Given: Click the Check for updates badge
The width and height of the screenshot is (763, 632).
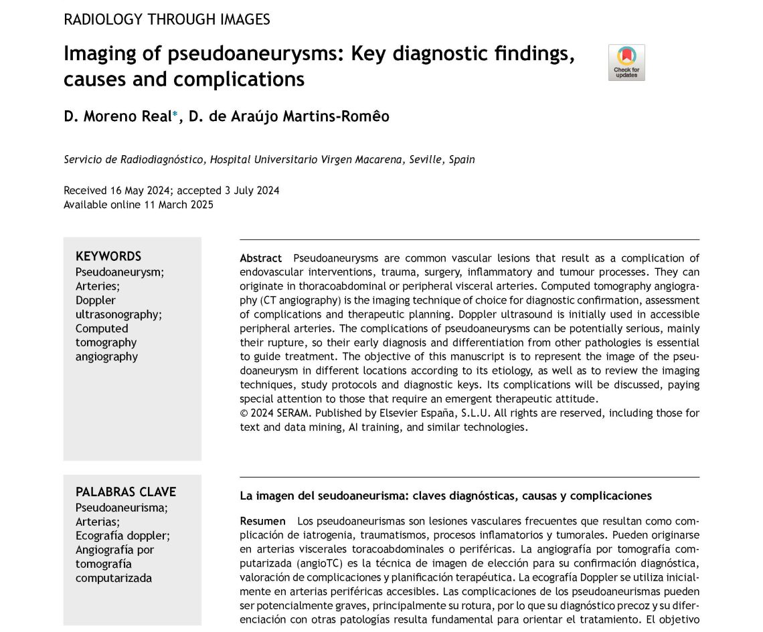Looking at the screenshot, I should click(626, 63).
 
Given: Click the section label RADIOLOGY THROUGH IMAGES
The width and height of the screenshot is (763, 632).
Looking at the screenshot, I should click(167, 19).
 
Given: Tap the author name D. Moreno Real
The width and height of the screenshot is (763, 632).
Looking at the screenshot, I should click(117, 116).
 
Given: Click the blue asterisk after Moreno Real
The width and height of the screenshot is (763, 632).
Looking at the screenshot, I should click(175, 114).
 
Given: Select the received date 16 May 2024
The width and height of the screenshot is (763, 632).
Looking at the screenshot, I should click(139, 191).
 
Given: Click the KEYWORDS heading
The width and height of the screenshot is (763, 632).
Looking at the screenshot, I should click(108, 256).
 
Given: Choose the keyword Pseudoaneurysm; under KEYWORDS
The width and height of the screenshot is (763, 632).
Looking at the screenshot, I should click(120, 272).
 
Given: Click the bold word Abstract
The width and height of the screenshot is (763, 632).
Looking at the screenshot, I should click(261, 258).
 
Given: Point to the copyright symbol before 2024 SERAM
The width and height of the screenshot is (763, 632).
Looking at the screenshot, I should click(244, 413).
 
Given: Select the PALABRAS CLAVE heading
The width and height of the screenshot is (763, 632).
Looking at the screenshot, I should click(126, 492).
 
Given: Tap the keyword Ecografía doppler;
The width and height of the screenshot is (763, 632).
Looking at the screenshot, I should click(122, 536).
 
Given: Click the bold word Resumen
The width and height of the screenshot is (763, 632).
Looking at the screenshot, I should click(262, 521).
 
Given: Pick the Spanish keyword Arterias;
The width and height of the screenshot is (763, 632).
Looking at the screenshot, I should click(98, 522).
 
